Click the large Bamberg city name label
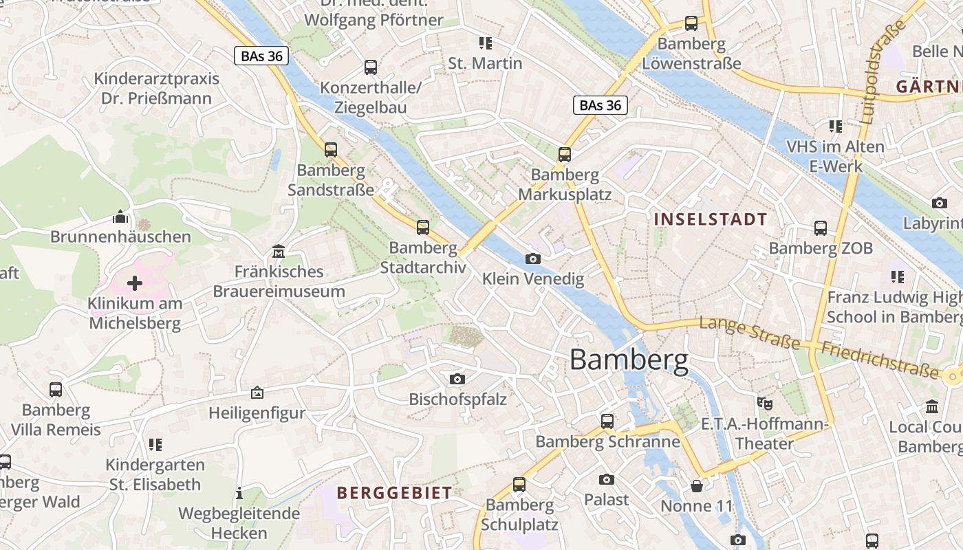coord(629,360)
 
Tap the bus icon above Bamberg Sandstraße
coord(331,149)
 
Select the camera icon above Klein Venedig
coord(532,258)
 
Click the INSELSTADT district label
coord(711,219)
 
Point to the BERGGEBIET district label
coord(394,492)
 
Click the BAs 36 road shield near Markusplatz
coord(600,105)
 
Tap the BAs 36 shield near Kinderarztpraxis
coord(261,56)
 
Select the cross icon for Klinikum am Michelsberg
coord(135,283)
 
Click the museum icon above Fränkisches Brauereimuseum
coord(279,251)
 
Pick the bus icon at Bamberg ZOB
coord(820,228)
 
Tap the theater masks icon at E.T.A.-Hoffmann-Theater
coord(764,403)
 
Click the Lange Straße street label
coord(749,333)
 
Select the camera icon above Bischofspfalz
coord(457,379)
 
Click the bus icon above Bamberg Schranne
coord(607,421)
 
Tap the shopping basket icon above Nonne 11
coord(697,486)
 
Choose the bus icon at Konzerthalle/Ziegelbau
coord(370,67)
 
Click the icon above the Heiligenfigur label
coord(257,393)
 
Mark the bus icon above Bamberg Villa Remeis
coord(56,390)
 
